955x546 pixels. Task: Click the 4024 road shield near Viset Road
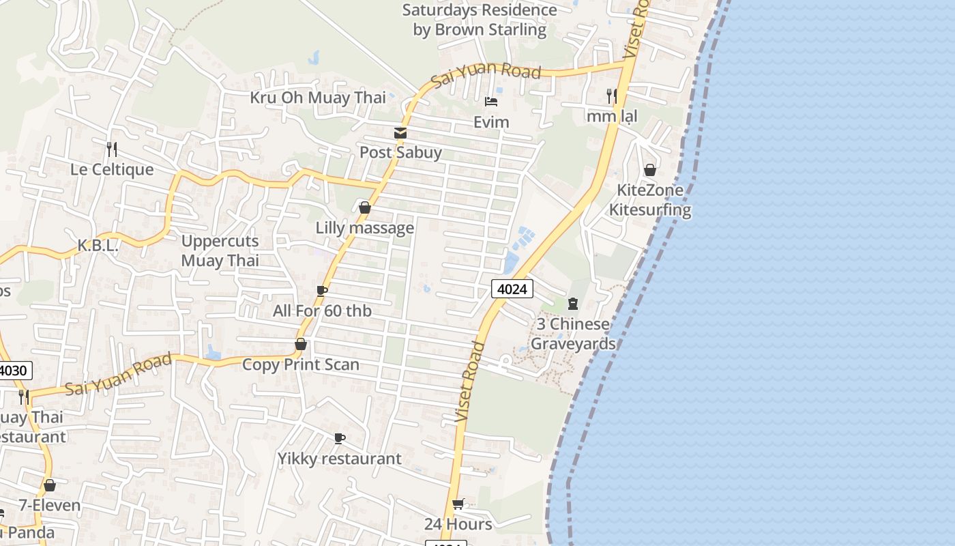pos(512,289)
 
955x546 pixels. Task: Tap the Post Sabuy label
pos(400,152)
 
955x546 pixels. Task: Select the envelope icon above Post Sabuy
pos(400,133)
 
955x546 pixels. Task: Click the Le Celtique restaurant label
pos(112,169)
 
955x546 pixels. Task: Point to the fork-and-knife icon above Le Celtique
pos(112,149)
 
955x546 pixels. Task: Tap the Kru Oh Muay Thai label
pos(318,98)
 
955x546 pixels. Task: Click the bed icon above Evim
pos(491,102)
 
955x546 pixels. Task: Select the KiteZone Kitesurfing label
pos(650,199)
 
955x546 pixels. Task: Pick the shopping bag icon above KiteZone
pos(650,169)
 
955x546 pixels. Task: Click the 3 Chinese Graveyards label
pos(573,334)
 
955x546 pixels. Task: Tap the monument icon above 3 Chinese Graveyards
pos(573,304)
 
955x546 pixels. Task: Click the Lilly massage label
pos(364,228)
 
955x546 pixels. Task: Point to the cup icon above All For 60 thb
pos(322,291)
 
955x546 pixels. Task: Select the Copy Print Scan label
pos(301,364)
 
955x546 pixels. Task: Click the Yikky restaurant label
pos(339,459)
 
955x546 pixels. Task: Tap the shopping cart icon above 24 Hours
pos(458,504)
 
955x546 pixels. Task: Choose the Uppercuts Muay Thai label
pos(220,250)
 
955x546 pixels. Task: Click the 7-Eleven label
pos(50,506)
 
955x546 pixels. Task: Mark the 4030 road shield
pos(14,371)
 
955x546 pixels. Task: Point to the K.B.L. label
pos(98,246)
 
